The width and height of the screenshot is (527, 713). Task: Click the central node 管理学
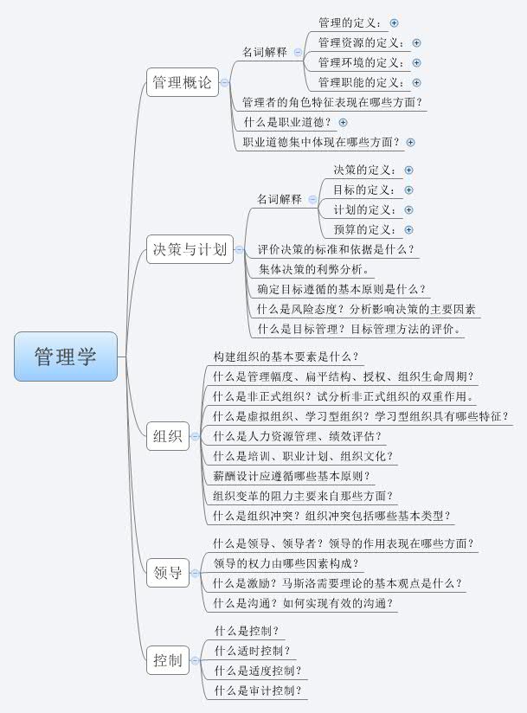point(66,356)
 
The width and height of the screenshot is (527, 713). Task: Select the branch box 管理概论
point(181,83)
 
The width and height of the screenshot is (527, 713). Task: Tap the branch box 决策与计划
point(189,250)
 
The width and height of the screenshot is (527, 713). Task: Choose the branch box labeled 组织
point(167,436)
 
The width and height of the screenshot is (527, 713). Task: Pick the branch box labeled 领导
point(167,572)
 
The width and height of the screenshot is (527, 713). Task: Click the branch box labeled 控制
point(167,661)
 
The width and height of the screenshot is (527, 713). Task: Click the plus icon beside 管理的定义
point(395,23)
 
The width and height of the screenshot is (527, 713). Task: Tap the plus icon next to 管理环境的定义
point(417,63)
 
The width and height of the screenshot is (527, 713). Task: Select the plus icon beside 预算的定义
point(408,230)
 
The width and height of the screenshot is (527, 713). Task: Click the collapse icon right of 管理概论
point(224,83)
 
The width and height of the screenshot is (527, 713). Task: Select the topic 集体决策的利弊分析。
point(313,270)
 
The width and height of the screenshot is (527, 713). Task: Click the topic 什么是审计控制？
point(259,691)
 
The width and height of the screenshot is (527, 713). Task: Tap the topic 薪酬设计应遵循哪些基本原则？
point(291,476)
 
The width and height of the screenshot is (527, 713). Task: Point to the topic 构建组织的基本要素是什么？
point(285,356)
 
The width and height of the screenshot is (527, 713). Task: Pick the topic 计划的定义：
point(364,210)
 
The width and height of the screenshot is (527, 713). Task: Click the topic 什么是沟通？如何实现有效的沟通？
point(303,604)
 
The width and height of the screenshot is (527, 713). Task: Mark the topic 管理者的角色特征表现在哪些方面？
point(332,103)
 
